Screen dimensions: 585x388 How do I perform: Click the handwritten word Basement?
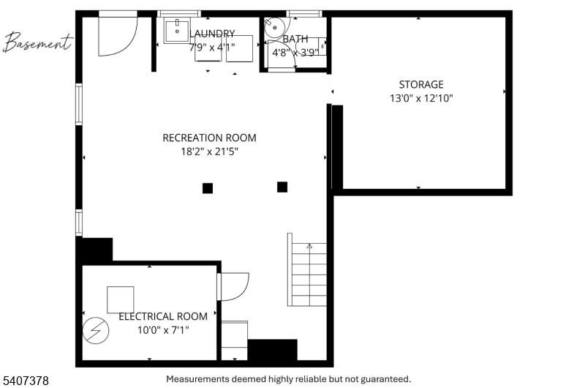tap(37, 42)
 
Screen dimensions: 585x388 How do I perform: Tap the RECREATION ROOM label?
tap(209, 138)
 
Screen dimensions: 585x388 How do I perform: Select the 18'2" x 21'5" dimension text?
tap(209, 152)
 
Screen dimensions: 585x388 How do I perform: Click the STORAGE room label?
tap(421, 84)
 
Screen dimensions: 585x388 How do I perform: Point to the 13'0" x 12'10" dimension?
tap(421, 98)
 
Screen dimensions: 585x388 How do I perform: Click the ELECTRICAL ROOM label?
tap(163, 316)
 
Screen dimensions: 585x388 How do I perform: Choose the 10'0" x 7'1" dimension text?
tap(163, 330)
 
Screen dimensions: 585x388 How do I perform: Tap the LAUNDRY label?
tap(212, 34)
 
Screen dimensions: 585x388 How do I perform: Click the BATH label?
tap(295, 39)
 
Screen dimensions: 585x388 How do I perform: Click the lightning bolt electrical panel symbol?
tap(96, 330)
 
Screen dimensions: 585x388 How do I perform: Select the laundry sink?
tap(177, 30)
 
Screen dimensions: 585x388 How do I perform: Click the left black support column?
tap(208, 188)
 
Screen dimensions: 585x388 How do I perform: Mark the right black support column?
tap(282, 187)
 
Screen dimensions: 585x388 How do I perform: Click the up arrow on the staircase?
tap(309, 246)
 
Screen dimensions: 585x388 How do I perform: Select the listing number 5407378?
tap(26, 381)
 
